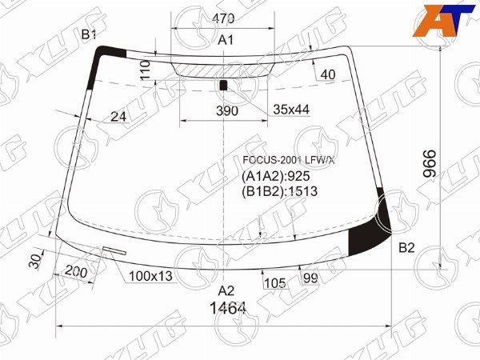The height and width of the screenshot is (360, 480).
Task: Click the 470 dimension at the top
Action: (223, 18)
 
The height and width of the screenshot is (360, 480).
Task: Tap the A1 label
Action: (226, 40)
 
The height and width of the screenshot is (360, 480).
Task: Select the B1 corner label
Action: (89, 35)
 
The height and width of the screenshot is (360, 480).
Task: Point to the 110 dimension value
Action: (145, 70)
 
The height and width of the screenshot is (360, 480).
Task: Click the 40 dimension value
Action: (328, 74)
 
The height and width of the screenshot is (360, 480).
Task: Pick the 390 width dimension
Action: (227, 111)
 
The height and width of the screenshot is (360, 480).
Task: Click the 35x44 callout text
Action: (291, 110)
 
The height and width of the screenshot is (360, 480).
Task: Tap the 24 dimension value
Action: (118, 116)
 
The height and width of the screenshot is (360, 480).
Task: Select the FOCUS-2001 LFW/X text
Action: (289, 160)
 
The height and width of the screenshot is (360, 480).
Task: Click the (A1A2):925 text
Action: (276, 176)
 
